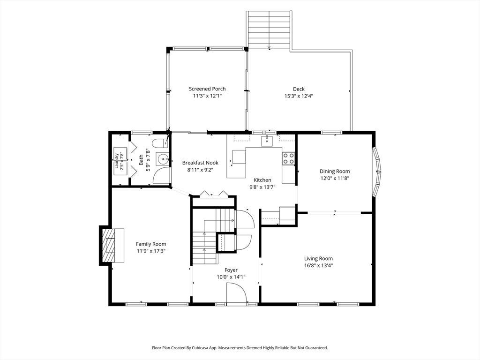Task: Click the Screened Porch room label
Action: tap(207, 89)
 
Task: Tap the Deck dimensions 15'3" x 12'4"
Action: tap(299, 96)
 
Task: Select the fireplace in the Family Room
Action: tap(112, 246)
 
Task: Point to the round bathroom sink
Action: tap(164, 159)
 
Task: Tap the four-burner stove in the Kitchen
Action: tap(288, 158)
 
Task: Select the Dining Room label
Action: tap(335, 171)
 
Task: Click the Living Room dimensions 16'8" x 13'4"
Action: tap(318, 265)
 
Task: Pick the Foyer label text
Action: tap(231, 270)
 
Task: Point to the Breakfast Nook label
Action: tap(200, 163)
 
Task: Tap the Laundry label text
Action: tap(116, 161)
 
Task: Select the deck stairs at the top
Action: tap(269, 30)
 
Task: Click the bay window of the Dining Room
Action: tap(376, 172)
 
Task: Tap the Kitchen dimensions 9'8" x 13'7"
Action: tap(262, 187)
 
